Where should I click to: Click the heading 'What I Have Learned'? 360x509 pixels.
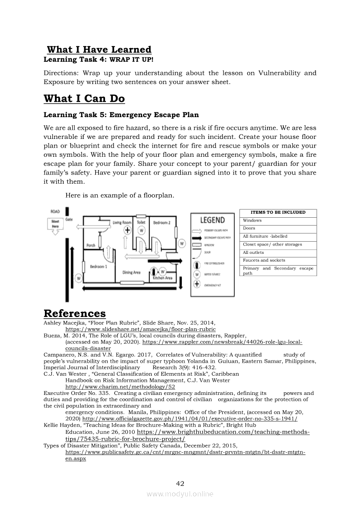coord(99,50)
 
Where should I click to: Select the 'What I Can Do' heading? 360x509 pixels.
coord(84,98)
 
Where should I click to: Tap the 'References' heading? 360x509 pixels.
coord(75,313)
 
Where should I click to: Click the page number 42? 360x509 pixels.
coord(180,483)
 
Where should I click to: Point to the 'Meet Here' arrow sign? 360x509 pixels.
coord(55,225)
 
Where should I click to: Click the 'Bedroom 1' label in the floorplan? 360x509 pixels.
coord(98,266)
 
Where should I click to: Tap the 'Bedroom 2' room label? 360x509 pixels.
coord(161,222)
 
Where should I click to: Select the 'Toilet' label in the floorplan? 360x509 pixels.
coord(141,222)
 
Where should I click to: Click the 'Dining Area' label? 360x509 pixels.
coord(131,273)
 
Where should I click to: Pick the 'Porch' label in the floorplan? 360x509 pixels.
coord(91,246)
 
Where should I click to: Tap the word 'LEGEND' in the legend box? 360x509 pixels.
coord(212,220)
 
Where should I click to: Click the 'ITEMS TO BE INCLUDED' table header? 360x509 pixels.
coord(278,212)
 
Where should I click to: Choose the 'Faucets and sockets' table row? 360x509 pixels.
coord(278,260)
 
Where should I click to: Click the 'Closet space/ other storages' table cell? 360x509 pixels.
coord(278,244)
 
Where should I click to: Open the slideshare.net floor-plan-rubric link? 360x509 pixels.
coord(140,330)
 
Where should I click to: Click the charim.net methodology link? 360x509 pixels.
coord(120,387)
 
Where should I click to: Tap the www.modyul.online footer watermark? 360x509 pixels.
coord(180,494)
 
